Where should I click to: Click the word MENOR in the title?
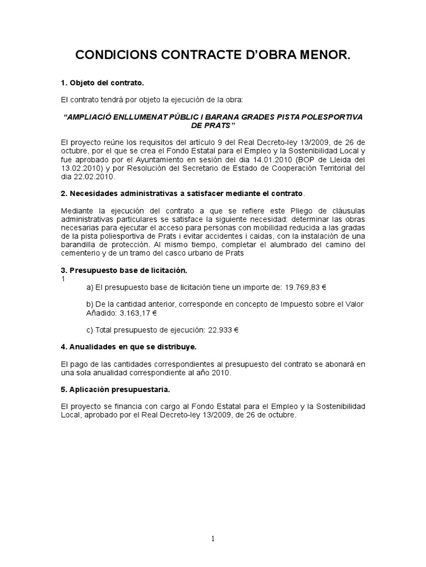pos(321,56)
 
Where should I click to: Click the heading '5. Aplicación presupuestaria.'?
pos(115,389)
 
